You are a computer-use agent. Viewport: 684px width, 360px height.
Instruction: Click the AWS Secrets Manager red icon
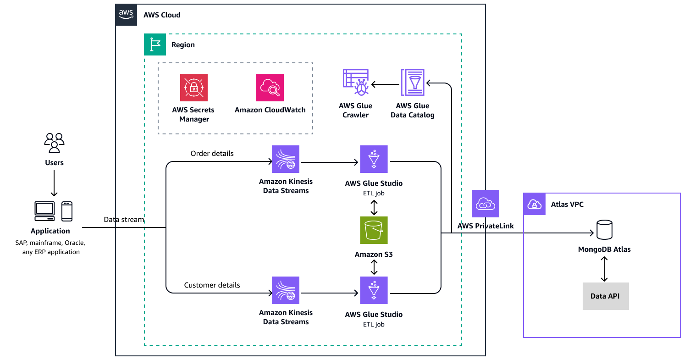click(x=193, y=88)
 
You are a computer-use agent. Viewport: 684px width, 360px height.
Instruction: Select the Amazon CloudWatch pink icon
click(x=270, y=88)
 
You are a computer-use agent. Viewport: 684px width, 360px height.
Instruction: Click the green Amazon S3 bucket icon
click(x=374, y=230)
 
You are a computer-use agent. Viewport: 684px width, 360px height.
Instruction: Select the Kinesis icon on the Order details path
click(x=285, y=159)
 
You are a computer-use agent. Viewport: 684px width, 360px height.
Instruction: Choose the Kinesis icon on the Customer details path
click(x=285, y=290)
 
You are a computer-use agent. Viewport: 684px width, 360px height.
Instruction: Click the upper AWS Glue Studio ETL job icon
click(x=374, y=159)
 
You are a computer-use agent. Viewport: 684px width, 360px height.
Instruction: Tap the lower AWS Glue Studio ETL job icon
click(x=374, y=290)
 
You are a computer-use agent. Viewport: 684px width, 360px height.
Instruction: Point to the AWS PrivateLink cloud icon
click(x=485, y=204)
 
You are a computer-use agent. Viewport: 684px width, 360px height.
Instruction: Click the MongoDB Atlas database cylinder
click(x=604, y=230)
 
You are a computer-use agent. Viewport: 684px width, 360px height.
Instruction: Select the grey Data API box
click(x=605, y=296)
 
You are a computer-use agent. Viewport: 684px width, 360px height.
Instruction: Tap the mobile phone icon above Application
click(x=67, y=211)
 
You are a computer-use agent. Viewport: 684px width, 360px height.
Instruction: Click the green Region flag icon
click(x=155, y=44)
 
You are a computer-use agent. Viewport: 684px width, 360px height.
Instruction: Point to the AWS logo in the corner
click(x=126, y=15)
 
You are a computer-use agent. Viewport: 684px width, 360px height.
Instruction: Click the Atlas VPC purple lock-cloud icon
click(x=535, y=204)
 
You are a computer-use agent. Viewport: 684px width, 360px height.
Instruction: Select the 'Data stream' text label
click(x=124, y=220)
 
